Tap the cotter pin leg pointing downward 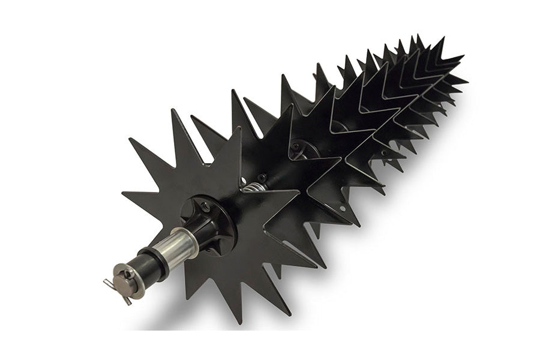pyautogui.click(x=127, y=300)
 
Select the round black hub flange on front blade pyautogui.click(x=204, y=220)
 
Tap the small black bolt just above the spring pyautogui.click(x=262, y=178)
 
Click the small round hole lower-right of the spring pyautogui.click(x=342, y=209)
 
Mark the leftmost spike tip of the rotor pyautogui.click(x=122, y=194)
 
